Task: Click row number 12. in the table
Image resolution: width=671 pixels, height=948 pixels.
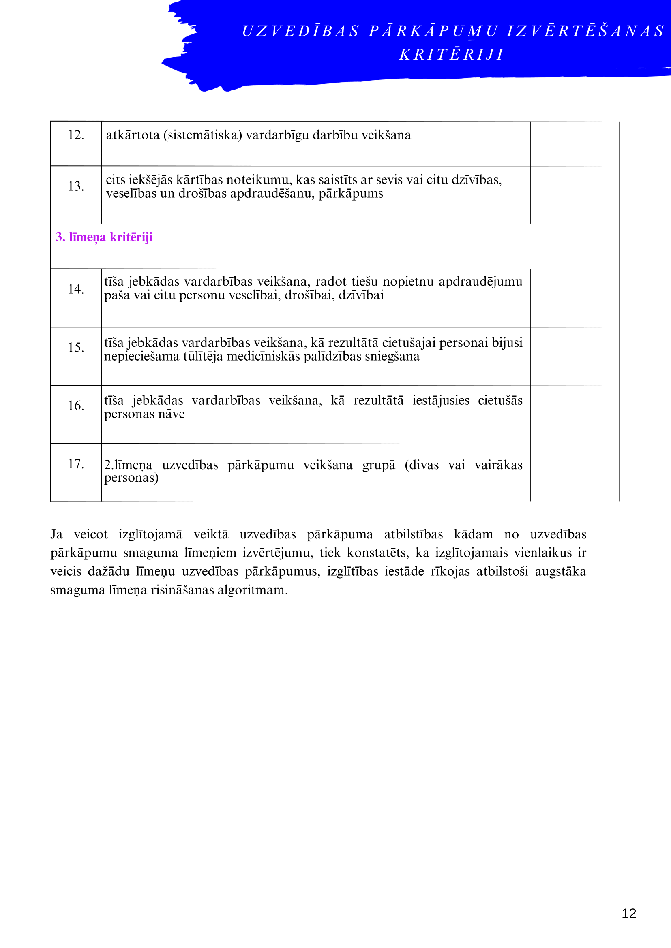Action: click(x=76, y=135)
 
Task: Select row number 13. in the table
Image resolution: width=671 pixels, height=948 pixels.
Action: click(x=76, y=186)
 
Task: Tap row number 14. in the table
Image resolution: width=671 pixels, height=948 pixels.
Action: click(x=76, y=289)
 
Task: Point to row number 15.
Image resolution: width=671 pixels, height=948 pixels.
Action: click(x=76, y=347)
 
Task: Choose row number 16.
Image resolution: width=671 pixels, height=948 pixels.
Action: click(x=76, y=406)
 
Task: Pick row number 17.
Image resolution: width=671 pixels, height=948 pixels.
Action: click(x=76, y=464)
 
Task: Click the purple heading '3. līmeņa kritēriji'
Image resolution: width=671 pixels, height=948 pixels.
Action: click(x=104, y=237)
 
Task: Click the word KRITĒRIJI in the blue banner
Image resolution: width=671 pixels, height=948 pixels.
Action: click(x=452, y=55)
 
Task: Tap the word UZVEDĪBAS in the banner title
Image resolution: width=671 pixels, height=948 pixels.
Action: click(x=300, y=31)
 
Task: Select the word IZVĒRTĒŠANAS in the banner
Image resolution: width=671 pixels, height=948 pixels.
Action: click(x=585, y=31)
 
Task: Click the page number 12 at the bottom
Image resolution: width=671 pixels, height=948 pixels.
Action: click(x=629, y=913)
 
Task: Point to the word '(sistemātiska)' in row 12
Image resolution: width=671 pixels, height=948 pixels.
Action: click(x=202, y=135)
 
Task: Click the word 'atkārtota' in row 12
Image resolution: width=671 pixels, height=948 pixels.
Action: click(x=133, y=135)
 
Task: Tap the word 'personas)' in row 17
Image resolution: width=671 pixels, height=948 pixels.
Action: click(x=131, y=478)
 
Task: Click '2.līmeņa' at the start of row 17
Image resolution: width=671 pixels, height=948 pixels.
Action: click(x=128, y=465)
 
